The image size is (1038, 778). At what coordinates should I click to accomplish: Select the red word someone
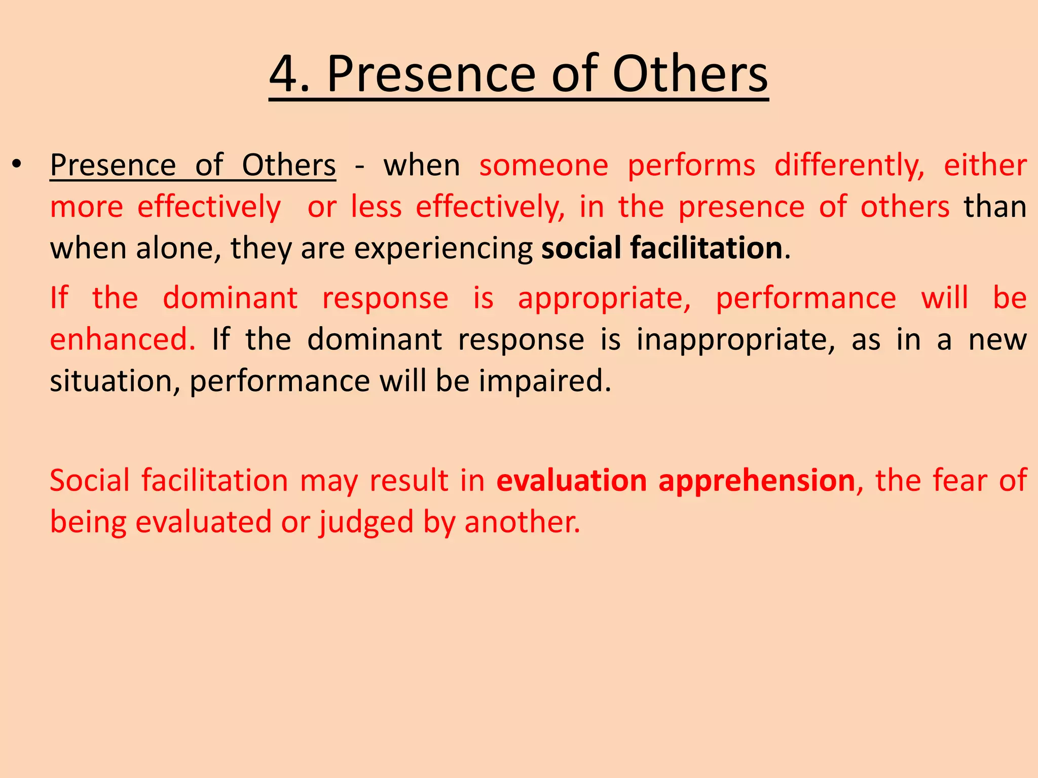(544, 166)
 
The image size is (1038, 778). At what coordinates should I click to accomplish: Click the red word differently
(849, 166)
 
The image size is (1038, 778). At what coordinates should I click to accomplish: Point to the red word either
(985, 166)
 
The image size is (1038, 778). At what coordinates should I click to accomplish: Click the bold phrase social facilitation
(662, 248)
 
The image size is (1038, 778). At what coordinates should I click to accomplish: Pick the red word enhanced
(122, 339)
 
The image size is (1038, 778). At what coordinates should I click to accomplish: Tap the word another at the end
(522, 522)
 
